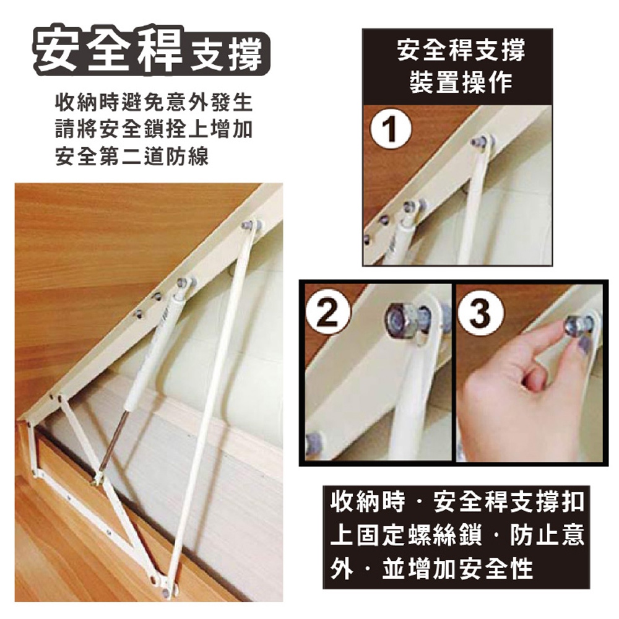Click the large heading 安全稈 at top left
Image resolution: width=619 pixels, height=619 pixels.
[106, 51]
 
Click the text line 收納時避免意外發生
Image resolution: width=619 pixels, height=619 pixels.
[154, 102]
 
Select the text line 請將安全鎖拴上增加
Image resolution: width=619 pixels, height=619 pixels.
[154, 129]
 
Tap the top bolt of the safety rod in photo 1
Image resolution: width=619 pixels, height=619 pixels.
[477, 140]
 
